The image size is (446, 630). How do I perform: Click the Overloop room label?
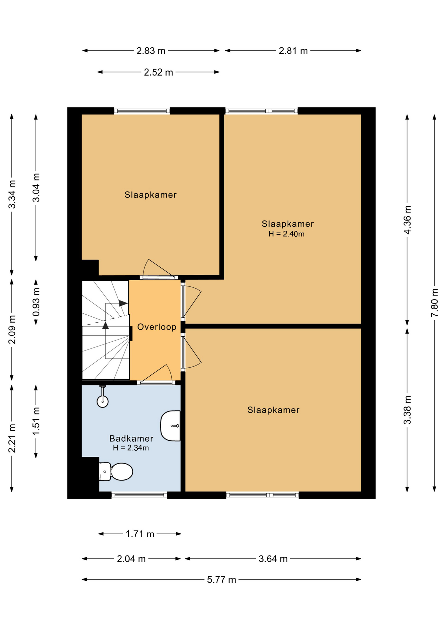tap(157, 327)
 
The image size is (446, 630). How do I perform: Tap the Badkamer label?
tap(131, 438)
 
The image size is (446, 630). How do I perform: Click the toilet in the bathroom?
tap(117, 472)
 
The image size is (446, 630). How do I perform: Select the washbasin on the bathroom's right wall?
tap(170, 426)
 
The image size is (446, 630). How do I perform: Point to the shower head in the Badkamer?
tap(102, 401)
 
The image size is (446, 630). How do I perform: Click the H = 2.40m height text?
tap(286, 234)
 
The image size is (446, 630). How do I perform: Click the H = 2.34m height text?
tap(131, 448)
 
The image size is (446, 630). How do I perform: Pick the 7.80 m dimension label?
tap(435, 303)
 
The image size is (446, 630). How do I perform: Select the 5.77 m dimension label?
tap(221, 580)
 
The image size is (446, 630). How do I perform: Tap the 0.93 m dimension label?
tap(36, 302)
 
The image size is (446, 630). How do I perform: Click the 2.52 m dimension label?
tap(158, 72)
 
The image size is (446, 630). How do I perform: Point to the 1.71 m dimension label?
tap(140, 534)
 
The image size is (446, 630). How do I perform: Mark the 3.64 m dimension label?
tap(273, 559)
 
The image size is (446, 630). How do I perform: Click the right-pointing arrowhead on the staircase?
tap(123, 303)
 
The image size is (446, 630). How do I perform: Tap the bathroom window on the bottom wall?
tap(139, 495)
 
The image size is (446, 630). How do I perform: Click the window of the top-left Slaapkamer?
tap(142, 111)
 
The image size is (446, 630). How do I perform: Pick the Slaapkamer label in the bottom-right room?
tap(273, 410)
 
